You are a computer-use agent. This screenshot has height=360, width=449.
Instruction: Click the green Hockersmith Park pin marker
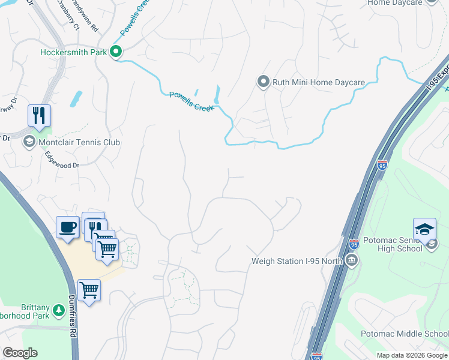[116, 52]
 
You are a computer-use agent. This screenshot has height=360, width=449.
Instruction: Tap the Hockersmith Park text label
[73, 52]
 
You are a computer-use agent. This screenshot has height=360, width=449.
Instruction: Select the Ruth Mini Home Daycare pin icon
[262, 82]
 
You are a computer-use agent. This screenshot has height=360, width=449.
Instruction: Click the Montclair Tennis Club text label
[79, 142]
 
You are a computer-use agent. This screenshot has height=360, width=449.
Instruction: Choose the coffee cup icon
[68, 227]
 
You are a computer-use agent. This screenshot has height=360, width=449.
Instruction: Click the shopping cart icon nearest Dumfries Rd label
[89, 290]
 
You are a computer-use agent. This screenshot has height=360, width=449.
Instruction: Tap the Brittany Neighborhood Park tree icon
[59, 310]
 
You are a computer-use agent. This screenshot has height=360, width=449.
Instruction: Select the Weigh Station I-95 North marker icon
[351, 260]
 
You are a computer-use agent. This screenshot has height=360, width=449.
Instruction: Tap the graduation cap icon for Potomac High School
[424, 229]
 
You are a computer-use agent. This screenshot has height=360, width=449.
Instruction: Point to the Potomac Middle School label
[404, 334]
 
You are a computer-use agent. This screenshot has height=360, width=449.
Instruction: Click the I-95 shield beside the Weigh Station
[354, 244]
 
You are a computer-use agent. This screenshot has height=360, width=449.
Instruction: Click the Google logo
[20, 352]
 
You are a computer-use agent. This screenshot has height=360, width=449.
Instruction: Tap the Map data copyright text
[411, 355]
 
